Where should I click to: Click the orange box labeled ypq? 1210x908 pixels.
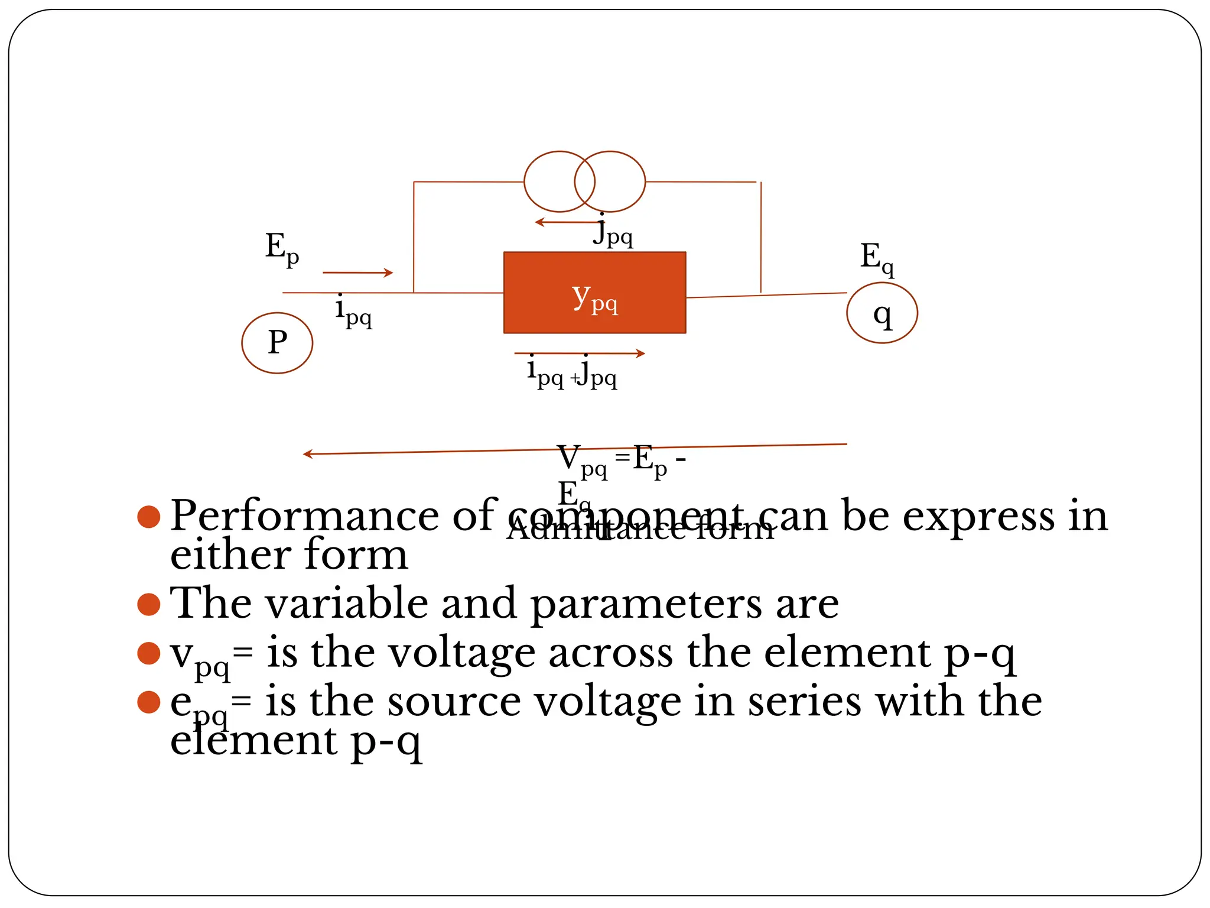(x=594, y=293)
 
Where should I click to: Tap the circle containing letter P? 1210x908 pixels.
(x=277, y=343)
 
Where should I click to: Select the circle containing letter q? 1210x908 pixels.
(x=882, y=313)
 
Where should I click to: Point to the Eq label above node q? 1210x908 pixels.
(x=877, y=258)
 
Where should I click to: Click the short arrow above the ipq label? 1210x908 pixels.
(x=357, y=273)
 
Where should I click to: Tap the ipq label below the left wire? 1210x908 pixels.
(x=353, y=312)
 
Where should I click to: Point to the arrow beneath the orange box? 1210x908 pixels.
(x=579, y=354)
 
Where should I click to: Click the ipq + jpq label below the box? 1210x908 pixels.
(x=572, y=372)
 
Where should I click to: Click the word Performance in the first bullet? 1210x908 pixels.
(x=304, y=516)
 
